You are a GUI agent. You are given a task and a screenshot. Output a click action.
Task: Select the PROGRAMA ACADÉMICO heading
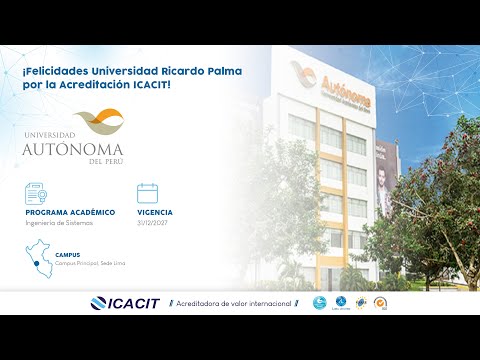tap(71, 213)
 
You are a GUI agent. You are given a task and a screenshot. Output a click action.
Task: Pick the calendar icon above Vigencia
tap(148, 193)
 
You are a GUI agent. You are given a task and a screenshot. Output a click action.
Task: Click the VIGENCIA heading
tap(155, 213)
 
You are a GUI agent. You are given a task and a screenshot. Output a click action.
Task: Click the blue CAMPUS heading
tap(68, 255)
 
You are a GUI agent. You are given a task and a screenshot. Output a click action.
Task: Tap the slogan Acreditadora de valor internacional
tap(235, 303)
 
